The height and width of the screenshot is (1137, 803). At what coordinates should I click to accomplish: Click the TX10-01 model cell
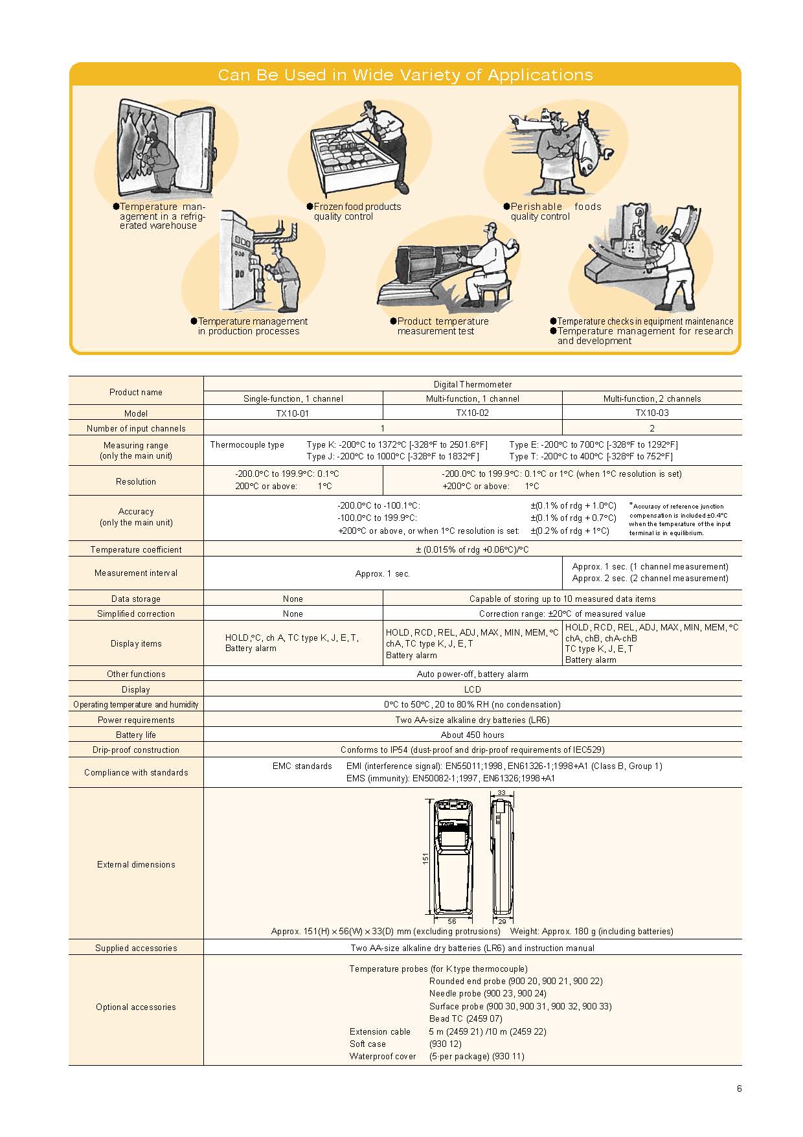(293, 413)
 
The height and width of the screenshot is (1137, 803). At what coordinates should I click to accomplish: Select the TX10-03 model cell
(652, 413)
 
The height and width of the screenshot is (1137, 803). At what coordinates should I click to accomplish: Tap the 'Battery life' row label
(136, 735)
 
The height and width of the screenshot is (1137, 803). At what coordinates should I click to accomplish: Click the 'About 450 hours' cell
(472, 735)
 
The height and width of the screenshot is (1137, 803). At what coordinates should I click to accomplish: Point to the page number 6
(739, 1088)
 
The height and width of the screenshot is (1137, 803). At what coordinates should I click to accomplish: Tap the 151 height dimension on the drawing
(425, 858)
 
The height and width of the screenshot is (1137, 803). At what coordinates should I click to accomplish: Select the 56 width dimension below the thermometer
(452, 921)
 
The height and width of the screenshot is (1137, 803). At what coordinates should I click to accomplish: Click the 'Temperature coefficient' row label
(136, 549)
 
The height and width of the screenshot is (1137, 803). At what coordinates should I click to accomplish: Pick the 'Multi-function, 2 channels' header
(652, 398)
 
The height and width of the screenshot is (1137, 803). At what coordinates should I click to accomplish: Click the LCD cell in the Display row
(472, 689)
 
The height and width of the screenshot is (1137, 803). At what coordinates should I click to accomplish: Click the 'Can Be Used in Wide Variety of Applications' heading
(405, 75)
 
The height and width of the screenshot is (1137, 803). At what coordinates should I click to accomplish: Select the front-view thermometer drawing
(452, 856)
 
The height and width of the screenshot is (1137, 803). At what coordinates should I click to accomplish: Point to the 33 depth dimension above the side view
(501, 793)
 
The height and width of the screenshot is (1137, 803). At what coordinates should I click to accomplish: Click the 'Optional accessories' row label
(136, 1007)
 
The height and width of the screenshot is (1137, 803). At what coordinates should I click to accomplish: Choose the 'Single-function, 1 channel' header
(293, 398)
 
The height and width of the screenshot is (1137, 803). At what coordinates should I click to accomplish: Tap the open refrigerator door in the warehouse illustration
(194, 149)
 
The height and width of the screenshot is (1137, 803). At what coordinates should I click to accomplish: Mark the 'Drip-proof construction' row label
(136, 750)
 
